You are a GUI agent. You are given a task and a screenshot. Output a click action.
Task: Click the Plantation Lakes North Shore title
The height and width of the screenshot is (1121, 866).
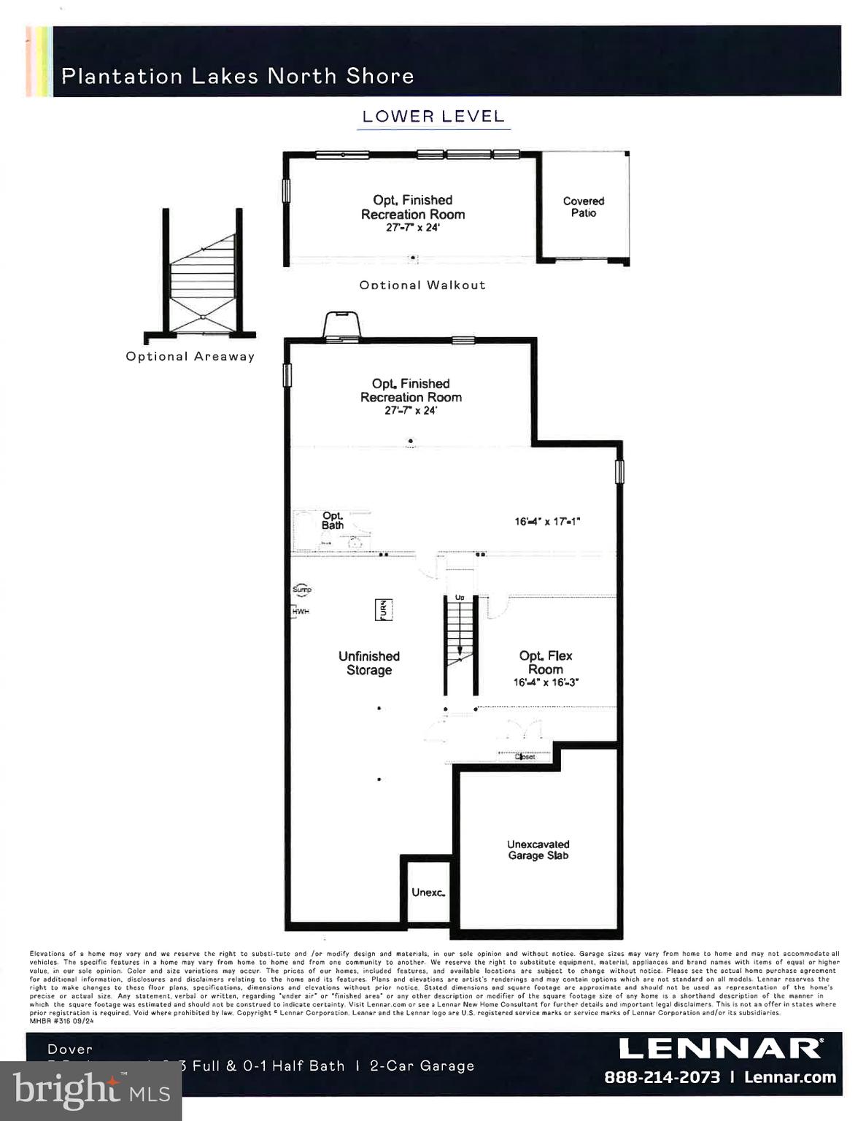(x=237, y=76)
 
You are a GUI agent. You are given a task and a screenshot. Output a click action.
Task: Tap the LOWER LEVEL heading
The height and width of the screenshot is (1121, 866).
(x=433, y=116)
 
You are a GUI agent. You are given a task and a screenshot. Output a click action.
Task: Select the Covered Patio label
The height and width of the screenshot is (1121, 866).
(x=583, y=207)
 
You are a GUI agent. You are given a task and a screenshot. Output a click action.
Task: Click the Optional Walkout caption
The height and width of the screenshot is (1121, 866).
(x=422, y=285)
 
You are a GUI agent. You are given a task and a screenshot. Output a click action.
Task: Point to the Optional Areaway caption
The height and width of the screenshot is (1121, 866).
(x=190, y=356)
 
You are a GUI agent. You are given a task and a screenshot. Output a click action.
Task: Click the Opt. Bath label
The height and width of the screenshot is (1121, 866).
(x=333, y=520)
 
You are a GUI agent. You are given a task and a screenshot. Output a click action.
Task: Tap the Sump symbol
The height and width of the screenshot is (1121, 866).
(x=301, y=589)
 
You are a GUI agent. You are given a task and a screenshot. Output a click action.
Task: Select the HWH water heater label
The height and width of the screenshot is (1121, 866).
(x=301, y=611)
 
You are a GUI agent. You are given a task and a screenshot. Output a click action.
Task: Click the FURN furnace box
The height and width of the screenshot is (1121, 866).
(x=383, y=609)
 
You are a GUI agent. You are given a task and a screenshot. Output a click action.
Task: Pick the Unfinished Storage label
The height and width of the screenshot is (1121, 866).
(x=368, y=663)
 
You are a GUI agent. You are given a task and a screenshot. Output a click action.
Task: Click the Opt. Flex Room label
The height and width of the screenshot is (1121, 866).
(x=546, y=662)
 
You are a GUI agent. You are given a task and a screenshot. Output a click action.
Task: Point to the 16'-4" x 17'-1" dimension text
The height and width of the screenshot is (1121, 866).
(x=547, y=521)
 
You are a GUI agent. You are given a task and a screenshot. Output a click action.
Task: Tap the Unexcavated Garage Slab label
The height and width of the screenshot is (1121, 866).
(x=538, y=850)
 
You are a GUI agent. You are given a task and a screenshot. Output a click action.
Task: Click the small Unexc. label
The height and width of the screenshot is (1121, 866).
(x=428, y=892)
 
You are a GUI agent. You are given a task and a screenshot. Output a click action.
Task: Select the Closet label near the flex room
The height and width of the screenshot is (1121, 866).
(x=525, y=757)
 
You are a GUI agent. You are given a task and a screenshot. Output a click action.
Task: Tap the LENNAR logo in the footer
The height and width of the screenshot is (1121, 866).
(x=719, y=1049)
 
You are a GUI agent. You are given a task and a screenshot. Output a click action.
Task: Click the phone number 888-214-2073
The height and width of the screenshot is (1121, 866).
(x=662, y=1077)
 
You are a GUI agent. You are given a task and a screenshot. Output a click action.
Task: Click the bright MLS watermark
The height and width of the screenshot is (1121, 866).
(x=91, y=1090)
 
